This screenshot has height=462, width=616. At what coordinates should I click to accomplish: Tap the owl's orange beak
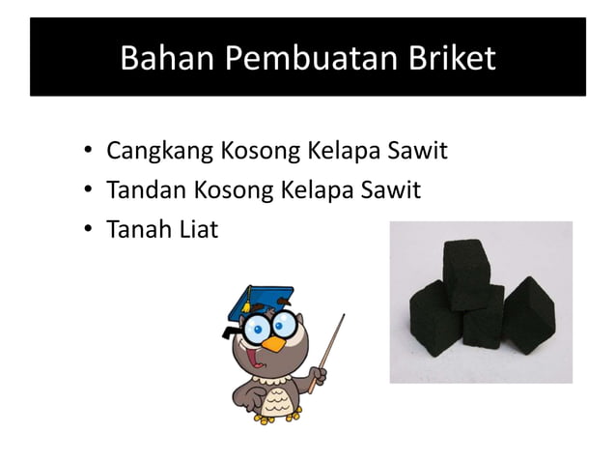(x=278, y=342)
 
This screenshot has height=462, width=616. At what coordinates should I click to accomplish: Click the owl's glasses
(x=266, y=327)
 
